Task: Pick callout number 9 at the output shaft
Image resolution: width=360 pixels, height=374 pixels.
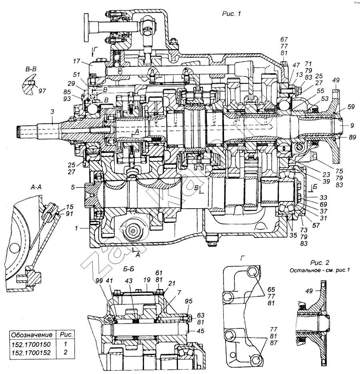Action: [x=352, y=125]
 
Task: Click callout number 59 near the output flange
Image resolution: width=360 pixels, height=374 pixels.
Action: [x=351, y=107]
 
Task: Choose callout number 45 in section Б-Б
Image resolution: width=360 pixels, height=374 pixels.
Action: [x=200, y=331]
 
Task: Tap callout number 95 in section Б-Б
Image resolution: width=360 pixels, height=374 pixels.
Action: [x=188, y=301]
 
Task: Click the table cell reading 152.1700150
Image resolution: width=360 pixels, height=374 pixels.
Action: [x=32, y=344]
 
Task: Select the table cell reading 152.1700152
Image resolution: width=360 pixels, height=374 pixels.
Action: [x=32, y=352]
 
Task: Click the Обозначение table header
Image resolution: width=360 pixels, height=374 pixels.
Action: [x=32, y=335]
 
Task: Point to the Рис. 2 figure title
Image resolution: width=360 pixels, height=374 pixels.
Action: [x=320, y=263]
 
